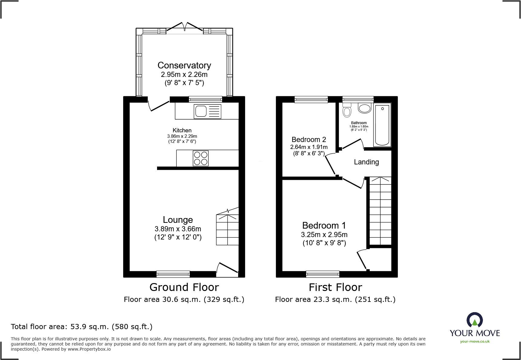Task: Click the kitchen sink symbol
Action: (x=208, y=111)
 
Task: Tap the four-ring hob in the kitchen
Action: (x=201, y=158)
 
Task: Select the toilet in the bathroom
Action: (x=347, y=110)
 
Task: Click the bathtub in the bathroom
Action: (x=382, y=125)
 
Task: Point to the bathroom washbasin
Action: (x=365, y=108)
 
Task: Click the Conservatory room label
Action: (x=184, y=65)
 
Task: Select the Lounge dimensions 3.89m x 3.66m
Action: (x=178, y=229)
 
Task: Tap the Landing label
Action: (x=366, y=162)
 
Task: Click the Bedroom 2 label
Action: (x=309, y=140)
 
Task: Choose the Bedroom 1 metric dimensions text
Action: (x=324, y=235)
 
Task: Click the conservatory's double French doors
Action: (x=185, y=28)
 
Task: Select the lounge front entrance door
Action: (x=227, y=269)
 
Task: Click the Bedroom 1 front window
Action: (x=323, y=274)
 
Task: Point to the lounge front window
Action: (x=173, y=274)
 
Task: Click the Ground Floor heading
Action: (x=184, y=287)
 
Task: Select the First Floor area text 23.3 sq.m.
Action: (x=335, y=299)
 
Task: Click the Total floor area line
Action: (x=82, y=327)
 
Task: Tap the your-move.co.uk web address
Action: (x=475, y=342)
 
